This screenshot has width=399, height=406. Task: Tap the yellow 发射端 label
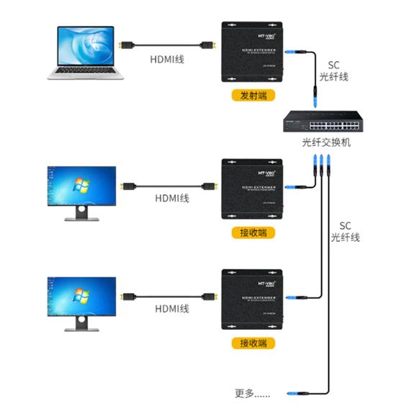(x=249, y=95)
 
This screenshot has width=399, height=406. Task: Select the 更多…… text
(x=253, y=393)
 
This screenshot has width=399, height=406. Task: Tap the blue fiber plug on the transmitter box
(x=291, y=53)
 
